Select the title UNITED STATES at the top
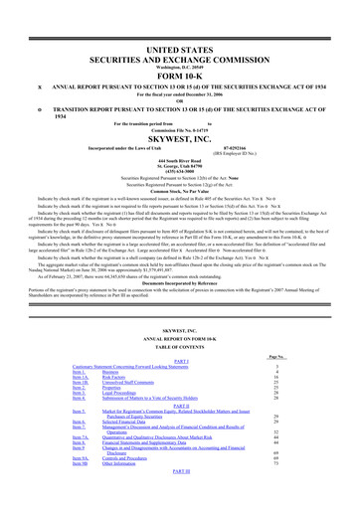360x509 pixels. [x=179, y=35]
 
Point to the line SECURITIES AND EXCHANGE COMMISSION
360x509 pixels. [x=179, y=49]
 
